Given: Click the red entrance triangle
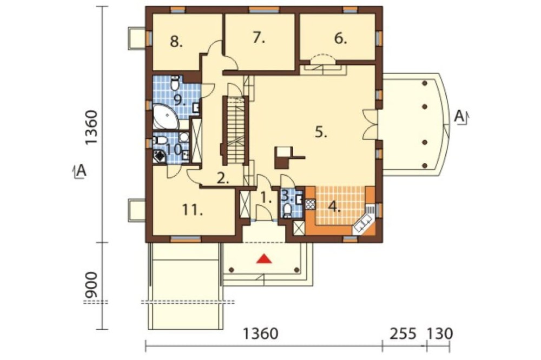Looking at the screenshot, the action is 264,258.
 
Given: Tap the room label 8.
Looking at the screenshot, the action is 176,42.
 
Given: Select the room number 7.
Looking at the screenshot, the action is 259,37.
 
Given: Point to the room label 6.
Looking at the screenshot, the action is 340,38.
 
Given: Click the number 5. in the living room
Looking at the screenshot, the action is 321,132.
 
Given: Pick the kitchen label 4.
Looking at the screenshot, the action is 334,207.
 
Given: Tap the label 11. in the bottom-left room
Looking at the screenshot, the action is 192,210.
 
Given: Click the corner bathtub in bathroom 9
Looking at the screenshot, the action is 165,117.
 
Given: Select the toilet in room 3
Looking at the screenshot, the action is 287,210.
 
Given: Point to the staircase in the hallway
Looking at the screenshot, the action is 236,130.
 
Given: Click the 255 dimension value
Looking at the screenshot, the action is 404,334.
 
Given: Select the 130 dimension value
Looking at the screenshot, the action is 439,334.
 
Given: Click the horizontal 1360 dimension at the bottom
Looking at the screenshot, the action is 261,334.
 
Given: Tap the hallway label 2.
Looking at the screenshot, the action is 223,178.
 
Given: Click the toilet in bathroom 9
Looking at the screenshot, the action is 175,82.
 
